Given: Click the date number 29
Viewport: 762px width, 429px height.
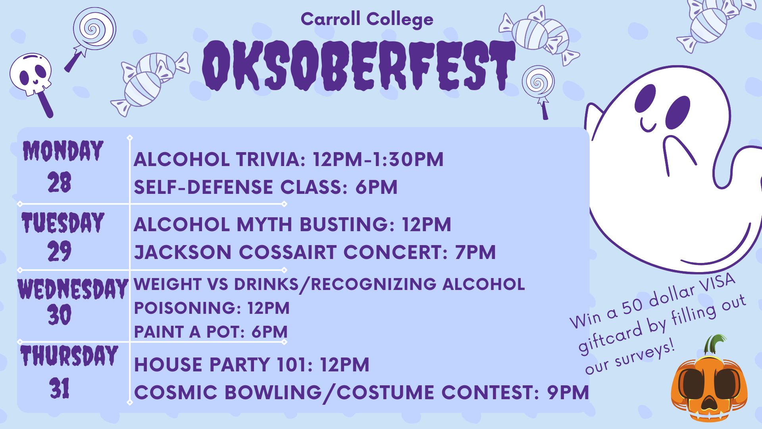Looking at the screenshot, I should (60, 251).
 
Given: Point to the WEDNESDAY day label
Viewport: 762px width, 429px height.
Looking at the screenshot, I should (73, 289).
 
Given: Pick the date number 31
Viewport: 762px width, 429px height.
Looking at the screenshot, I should (60, 388).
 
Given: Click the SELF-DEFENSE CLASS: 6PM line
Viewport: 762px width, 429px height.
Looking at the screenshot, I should (265, 187).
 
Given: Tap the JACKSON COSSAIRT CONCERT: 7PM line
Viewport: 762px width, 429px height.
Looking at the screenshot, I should (315, 252).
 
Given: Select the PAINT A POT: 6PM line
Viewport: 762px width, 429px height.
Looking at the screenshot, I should (210, 332).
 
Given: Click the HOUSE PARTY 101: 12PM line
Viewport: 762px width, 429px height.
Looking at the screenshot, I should (252, 365).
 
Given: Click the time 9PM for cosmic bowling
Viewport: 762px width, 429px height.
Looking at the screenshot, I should (568, 392).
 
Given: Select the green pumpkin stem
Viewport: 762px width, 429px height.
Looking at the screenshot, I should (714, 344).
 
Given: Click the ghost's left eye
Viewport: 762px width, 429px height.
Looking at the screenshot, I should (645, 99).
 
